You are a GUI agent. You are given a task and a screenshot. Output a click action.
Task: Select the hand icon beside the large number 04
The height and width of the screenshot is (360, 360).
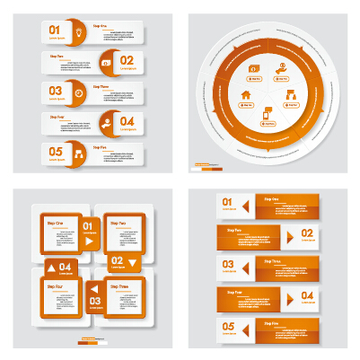click(106, 122)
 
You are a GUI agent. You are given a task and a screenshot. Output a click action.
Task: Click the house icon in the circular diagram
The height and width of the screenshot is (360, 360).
click(246, 93)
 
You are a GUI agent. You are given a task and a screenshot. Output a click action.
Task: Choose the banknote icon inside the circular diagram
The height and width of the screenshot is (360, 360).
click(254, 69)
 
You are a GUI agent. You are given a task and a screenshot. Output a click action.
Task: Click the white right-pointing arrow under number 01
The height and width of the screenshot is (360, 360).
click(89, 241)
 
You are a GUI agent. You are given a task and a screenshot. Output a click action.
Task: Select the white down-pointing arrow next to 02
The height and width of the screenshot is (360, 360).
click(132, 261)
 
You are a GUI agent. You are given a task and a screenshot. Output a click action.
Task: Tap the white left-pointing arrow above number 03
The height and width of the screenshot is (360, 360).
click(91, 288)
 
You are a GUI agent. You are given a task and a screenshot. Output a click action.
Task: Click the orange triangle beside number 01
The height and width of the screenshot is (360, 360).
click(244, 206)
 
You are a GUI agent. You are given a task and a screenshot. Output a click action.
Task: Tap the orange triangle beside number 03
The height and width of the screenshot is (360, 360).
click(244, 267)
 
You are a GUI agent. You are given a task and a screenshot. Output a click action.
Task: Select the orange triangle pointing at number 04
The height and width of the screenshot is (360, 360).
click(291, 296)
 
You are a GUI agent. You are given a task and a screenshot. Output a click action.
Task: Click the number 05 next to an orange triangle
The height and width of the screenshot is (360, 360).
click(227, 326)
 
